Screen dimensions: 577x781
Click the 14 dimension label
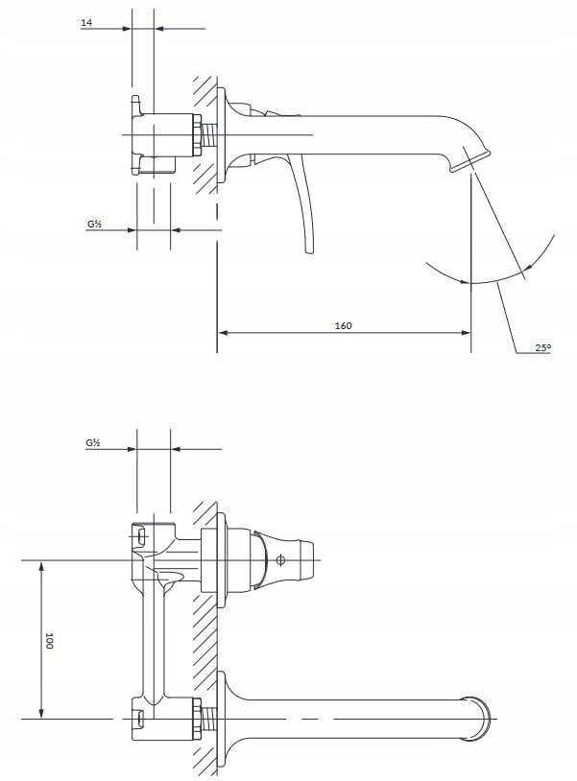(x=86, y=22)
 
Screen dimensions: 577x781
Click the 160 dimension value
(x=343, y=325)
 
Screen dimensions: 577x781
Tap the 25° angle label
(x=543, y=347)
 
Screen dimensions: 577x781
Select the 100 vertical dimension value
(x=49, y=640)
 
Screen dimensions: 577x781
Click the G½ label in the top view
(x=95, y=225)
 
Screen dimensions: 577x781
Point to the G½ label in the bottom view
(x=93, y=442)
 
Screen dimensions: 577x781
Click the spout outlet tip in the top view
(x=470, y=162)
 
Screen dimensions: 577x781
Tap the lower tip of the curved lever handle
(x=309, y=251)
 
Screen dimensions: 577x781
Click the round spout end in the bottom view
(x=477, y=719)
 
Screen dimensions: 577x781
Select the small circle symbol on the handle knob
(x=280, y=560)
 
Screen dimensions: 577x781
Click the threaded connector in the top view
(x=209, y=135)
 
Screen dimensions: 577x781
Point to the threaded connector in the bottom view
(x=209, y=719)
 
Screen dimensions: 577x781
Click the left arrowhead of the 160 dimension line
(x=223, y=332)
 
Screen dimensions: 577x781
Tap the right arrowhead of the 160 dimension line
(x=466, y=332)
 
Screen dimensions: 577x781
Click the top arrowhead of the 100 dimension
(x=41, y=567)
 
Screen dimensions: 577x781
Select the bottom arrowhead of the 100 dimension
(x=41, y=712)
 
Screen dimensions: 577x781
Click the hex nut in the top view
(x=198, y=135)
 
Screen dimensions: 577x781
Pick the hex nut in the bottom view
(x=198, y=719)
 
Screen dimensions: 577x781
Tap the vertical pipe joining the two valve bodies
(x=153, y=643)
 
